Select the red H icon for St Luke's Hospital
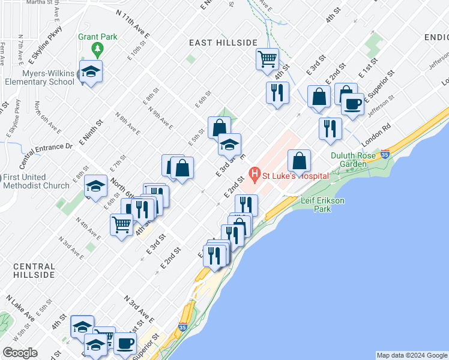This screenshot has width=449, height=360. coord(255,176)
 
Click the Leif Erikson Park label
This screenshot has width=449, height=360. coord(322,205)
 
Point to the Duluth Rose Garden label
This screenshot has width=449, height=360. coord(353,159)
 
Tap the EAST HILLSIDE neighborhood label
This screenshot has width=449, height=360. coord(223,43)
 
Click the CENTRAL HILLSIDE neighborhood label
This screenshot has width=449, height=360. coord(34,270)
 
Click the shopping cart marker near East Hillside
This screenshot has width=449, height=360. coord(267,59)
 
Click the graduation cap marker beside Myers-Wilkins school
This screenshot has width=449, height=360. coord(91,71)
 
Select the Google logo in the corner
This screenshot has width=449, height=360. coord(20,353)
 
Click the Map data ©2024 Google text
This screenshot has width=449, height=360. coord(412,355)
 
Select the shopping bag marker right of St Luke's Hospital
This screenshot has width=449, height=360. coord(299,161)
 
